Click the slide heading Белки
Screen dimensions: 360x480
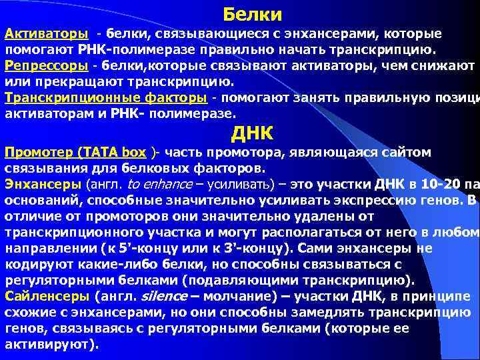pyautogui.click(x=252, y=14)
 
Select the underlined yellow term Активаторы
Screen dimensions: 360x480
pyautogui.click(x=45, y=33)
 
